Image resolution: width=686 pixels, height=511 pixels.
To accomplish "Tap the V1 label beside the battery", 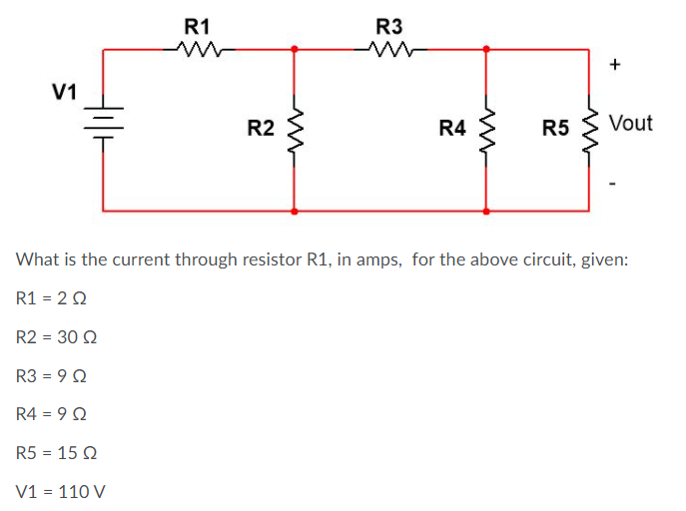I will click(x=65, y=93).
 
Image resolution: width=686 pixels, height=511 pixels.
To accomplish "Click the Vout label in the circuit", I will click(x=630, y=124).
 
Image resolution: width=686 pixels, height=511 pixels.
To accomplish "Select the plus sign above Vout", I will click(x=615, y=66).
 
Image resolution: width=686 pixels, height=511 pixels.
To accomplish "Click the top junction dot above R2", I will click(x=294, y=48).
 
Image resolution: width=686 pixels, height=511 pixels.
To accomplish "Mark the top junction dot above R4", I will click(x=486, y=48).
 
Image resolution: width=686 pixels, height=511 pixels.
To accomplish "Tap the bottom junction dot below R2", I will click(x=294, y=212).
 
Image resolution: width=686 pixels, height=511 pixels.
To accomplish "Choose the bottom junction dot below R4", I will click(x=486, y=212).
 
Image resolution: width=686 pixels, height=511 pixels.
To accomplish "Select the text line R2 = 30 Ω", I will click(x=57, y=337).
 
